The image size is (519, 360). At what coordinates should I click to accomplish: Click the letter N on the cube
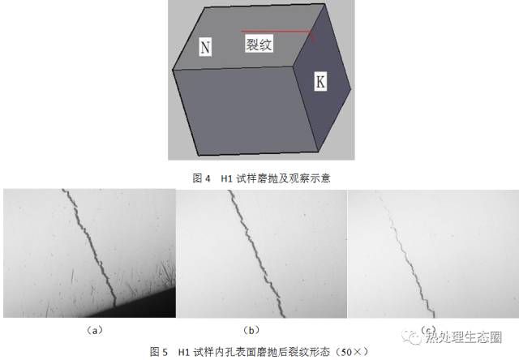click(205, 47)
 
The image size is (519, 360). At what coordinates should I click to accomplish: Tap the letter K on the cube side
click(320, 81)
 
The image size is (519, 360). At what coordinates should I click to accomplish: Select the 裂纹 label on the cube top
click(259, 43)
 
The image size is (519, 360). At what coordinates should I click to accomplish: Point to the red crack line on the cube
click(277, 32)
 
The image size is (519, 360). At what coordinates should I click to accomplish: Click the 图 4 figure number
click(201, 178)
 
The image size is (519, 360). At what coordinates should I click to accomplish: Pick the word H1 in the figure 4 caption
click(226, 178)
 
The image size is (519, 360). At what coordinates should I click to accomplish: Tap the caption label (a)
click(94, 330)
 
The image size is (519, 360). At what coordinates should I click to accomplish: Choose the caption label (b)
click(251, 330)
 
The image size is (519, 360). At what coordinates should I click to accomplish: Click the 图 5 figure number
click(159, 351)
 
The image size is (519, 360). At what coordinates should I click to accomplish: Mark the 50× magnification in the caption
click(352, 351)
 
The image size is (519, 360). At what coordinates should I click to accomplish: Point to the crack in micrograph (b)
click(257, 253)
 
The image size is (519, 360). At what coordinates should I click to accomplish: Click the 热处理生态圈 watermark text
click(463, 336)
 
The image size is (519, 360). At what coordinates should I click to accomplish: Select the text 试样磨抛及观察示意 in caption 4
click(283, 178)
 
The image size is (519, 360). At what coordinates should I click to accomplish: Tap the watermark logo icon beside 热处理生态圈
click(411, 337)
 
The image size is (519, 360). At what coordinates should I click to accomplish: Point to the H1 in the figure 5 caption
click(183, 352)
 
